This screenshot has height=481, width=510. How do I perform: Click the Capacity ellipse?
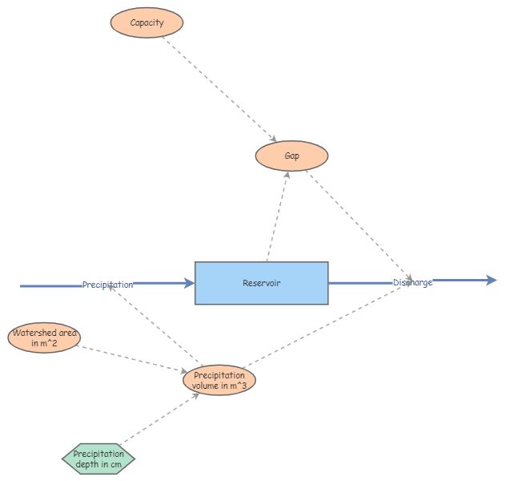point(147,22)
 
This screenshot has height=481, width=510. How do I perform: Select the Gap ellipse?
point(291,156)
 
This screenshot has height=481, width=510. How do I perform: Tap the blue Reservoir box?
point(262,283)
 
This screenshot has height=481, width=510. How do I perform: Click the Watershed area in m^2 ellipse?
point(44,338)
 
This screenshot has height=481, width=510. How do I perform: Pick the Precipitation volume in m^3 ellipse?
point(219,380)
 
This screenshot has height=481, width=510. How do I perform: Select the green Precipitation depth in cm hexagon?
point(98,459)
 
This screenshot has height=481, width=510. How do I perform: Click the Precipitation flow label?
point(107,285)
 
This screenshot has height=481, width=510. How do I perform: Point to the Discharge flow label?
point(413,282)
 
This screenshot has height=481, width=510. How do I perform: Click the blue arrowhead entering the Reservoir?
point(189,283)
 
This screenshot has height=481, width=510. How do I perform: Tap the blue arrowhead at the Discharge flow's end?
point(492,280)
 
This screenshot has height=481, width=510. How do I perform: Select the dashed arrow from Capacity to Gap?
point(219,90)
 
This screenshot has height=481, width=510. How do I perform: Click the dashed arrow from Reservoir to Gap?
point(277,216)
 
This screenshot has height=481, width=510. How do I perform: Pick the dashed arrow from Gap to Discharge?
point(359,225)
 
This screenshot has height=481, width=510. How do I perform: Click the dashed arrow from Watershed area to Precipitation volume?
point(132,359)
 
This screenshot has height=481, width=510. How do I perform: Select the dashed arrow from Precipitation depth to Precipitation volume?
point(159,419)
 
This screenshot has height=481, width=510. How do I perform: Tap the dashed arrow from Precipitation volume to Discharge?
point(327,325)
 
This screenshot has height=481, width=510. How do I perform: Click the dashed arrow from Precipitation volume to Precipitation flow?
point(155,325)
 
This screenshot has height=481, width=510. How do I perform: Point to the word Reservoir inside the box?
point(262,283)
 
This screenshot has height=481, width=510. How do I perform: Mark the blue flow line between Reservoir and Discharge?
point(361,283)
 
